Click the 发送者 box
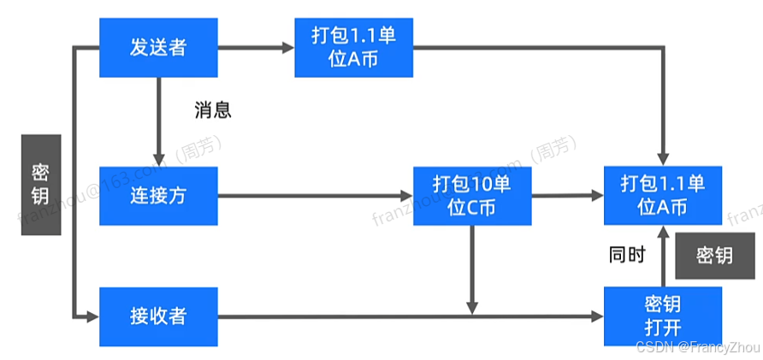click(158, 46)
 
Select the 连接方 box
click(158, 196)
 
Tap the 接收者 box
click(158, 316)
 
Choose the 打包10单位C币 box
click(472, 196)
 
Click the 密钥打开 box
click(663, 316)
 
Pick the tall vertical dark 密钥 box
click(40, 184)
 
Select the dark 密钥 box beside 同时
click(714, 255)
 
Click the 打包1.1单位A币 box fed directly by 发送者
click(353, 46)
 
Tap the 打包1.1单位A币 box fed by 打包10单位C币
click(663, 196)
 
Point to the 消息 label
click(213, 110)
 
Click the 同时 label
click(626, 255)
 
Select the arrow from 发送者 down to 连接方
click(159, 120)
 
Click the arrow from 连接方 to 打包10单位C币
click(316, 196)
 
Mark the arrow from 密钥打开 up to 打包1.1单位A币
click(663, 257)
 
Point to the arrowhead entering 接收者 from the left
click(92, 316)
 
